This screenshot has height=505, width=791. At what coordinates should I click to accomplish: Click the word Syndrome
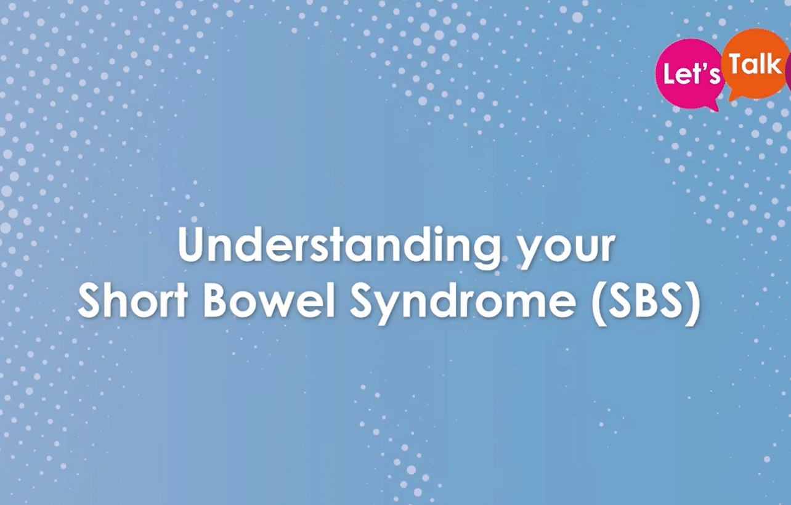(x=463, y=305)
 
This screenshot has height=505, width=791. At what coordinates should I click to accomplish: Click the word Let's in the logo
(x=692, y=74)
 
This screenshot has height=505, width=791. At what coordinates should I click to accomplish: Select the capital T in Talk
(x=737, y=64)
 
